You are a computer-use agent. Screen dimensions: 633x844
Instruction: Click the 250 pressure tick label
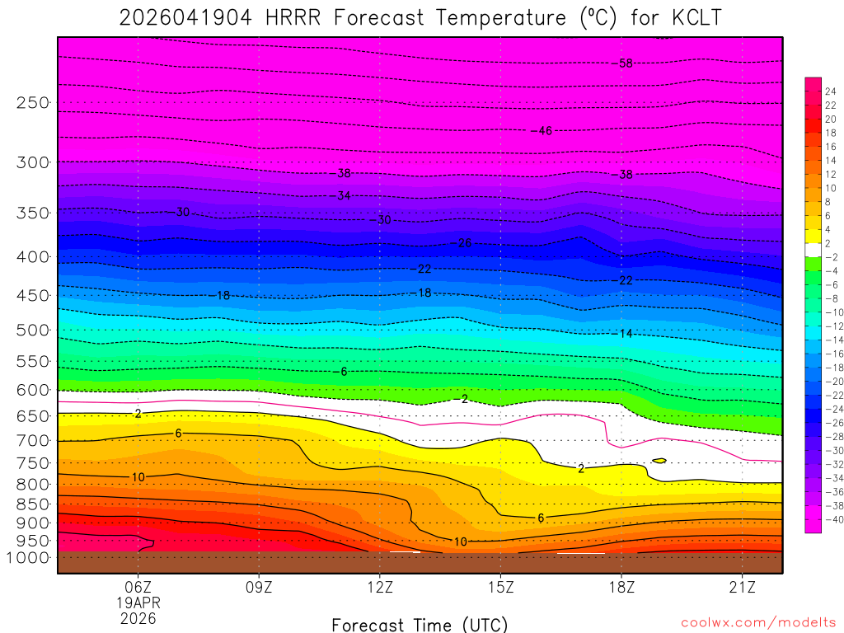pyautogui.click(x=33, y=103)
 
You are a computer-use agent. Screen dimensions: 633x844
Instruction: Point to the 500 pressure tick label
pyautogui.click(x=33, y=331)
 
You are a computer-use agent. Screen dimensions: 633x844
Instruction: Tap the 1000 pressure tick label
pyautogui.click(x=30, y=558)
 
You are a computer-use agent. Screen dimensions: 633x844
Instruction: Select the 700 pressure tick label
pyautogui.click(x=33, y=441)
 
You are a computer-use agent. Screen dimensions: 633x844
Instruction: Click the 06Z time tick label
pyautogui.click(x=138, y=588)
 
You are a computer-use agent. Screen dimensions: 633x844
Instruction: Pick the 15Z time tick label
pyautogui.click(x=500, y=588)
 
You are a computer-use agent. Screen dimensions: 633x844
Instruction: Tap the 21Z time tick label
pyautogui.click(x=743, y=588)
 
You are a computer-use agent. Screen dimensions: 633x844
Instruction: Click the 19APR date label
pyautogui.click(x=138, y=603)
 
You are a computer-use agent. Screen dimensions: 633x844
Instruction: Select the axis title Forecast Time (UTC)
pyautogui.click(x=420, y=624)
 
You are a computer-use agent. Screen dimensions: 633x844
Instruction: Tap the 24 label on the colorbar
pyautogui.click(x=830, y=91)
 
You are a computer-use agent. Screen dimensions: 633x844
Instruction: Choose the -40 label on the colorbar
pyautogui.click(x=831, y=520)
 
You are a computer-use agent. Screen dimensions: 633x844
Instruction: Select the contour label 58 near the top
pyautogui.click(x=626, y=63)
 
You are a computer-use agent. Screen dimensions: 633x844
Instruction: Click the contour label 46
pyautogui.click(x=545, y=131)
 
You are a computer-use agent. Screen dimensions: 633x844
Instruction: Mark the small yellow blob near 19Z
pyautogui.click(x=659, y=460)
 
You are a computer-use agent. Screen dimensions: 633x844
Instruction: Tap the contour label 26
pyautogui.click(x=465, y=243)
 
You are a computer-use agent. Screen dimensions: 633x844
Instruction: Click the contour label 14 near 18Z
pyautogui.click(x=626, y=334)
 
